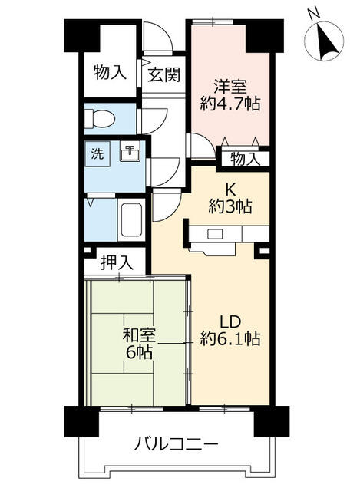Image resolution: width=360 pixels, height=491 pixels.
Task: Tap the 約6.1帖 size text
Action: click(230, 338)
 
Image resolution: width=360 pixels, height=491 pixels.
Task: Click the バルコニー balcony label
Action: click(177, 444)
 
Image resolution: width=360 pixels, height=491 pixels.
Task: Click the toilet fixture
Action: click(100, 118)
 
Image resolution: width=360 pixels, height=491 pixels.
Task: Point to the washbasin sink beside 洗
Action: click(130, 153)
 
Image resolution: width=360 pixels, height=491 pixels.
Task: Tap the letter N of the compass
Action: click(312, 13)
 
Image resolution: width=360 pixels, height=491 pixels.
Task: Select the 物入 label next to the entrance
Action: click(111, 74)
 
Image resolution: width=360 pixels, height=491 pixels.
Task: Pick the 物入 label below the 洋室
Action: click(245, 159)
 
